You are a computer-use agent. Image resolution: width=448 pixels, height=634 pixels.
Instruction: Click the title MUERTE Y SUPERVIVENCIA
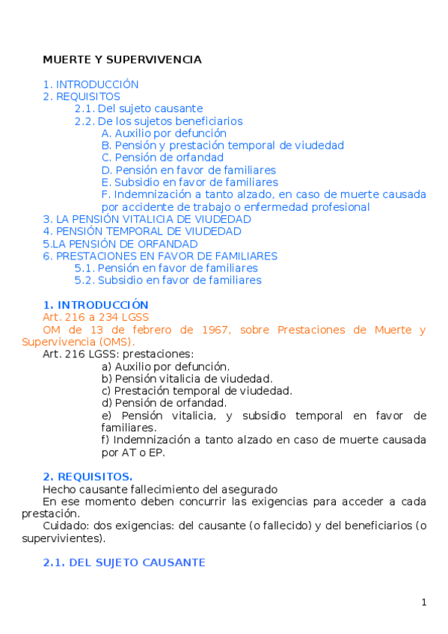pos(122,59)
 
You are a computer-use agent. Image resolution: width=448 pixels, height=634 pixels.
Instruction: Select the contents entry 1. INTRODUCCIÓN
pos(90,84)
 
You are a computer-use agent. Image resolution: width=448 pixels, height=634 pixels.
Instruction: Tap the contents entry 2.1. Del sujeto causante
pos(138,108)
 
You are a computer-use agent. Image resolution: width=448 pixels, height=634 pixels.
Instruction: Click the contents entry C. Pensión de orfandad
pos(162,158)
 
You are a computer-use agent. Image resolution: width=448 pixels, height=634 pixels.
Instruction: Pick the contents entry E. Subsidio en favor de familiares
pos(189,182)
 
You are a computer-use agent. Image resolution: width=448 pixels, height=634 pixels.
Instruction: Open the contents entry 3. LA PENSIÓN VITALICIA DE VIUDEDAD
pos(147,219)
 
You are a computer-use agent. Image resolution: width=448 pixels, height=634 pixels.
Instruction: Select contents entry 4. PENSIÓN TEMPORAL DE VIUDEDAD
pos(142,232)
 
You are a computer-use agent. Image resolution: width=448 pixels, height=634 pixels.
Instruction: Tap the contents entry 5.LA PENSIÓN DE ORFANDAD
pos(120,244)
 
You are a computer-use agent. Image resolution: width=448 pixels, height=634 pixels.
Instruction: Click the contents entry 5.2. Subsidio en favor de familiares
pos(168,280)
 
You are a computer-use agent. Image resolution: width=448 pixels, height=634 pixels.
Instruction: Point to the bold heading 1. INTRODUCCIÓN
pos(96,305)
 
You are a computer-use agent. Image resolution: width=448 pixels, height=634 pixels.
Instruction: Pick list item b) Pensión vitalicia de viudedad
pos(187,378)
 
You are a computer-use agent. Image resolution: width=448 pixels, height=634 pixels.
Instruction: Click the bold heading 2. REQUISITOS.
pos(88,476)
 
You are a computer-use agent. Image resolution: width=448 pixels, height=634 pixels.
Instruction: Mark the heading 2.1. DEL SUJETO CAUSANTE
pos(123,562)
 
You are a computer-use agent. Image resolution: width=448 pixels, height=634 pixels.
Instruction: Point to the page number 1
pos(423,603)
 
